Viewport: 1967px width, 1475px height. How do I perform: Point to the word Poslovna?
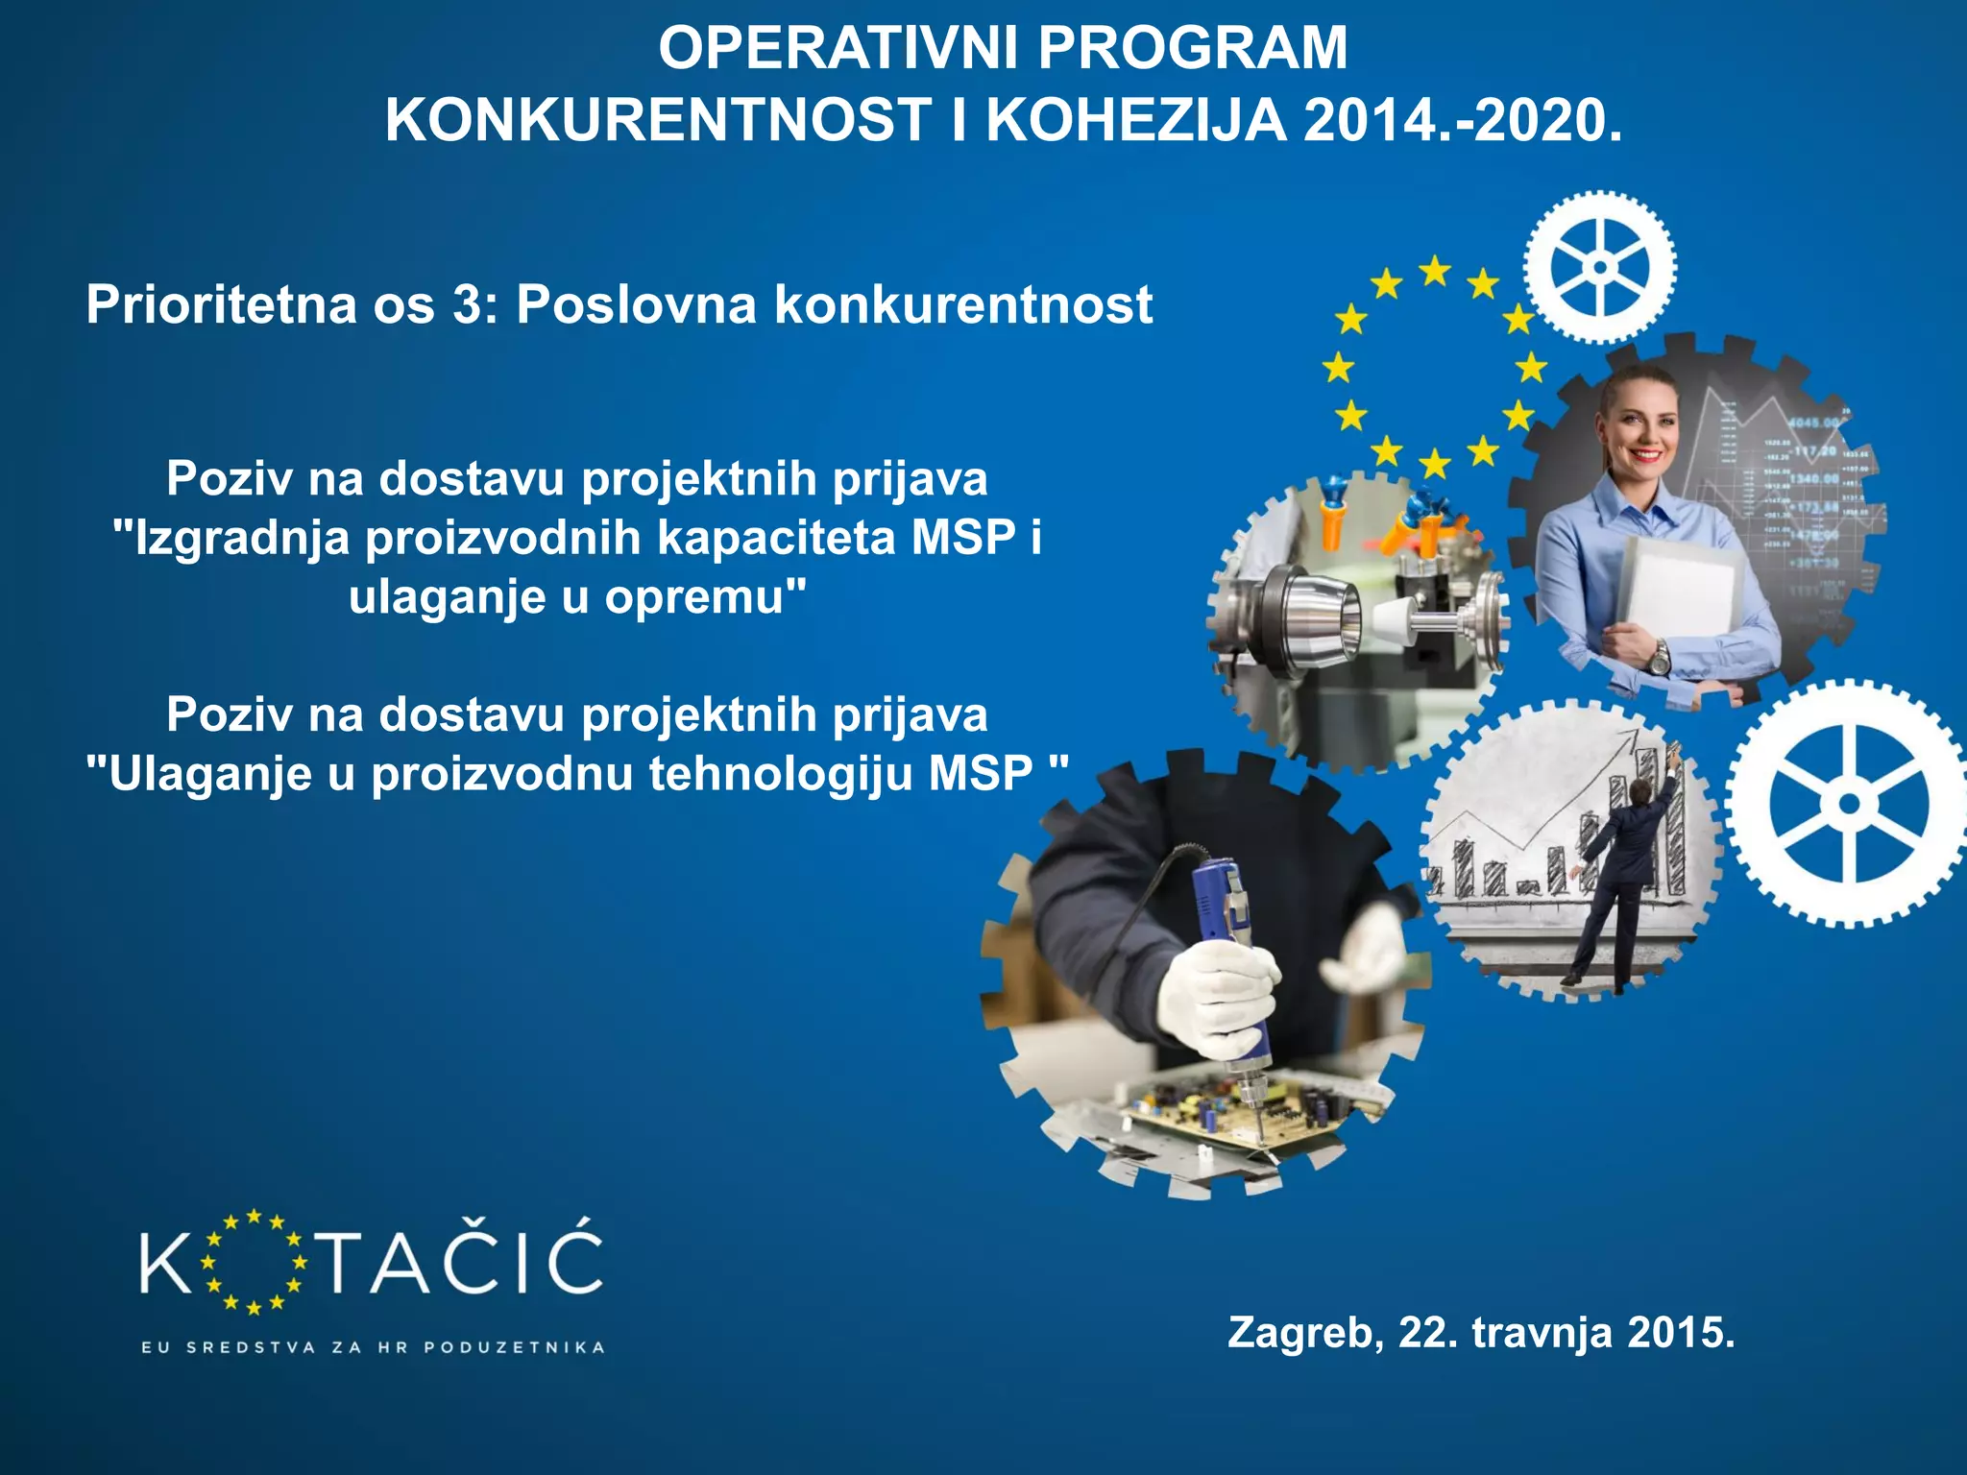(637, 305)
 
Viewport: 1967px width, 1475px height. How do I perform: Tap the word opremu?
(705, 597)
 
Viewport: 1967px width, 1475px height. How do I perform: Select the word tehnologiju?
(780, 774)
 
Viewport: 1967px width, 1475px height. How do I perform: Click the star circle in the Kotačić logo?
(253, 1262)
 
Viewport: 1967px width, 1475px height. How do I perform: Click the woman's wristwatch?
(1659, 659)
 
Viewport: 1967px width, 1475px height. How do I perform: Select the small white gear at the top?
(1600, 267)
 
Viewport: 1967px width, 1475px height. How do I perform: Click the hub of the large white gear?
(1849, 804)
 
